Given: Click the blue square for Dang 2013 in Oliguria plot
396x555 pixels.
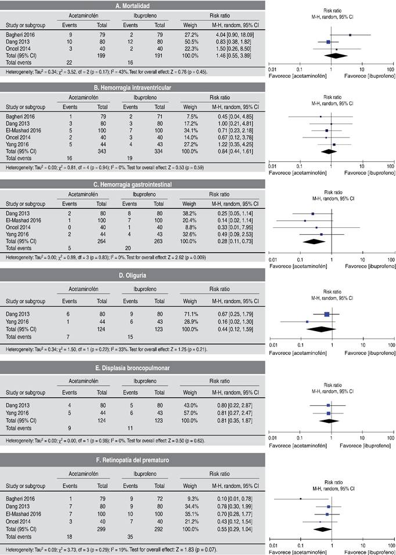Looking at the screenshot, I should pyautogui.click(x=326, y=314).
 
